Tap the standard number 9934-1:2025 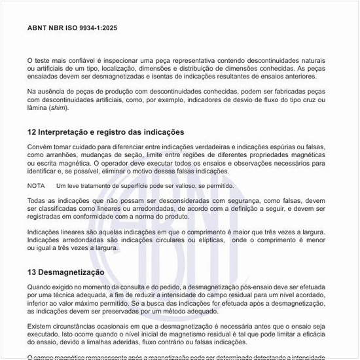tap(98, 29)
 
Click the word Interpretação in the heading tap(66, 132)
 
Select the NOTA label tap(36, 186)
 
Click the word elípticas tap(212, 240)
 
